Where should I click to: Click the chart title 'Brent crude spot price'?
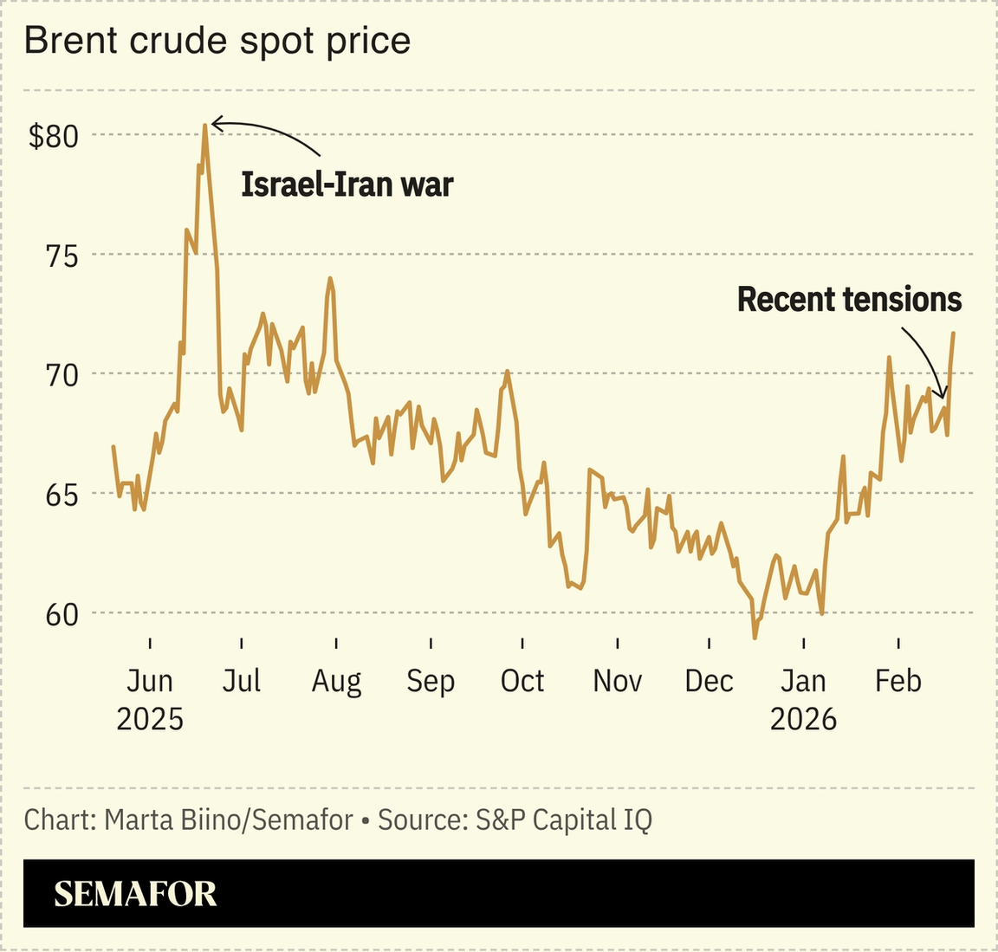pyautogui.click(x=217, y=41)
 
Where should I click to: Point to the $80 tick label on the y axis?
pyautogui.click(x=54, y=136)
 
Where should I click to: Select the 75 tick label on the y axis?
pyautogui.click(x=60, y=256)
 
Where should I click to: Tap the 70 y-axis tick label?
pyautogui.click(x=60, y=375)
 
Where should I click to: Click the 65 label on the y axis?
pyautogui.click(x=60, y=495)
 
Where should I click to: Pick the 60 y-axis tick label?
pyautogui.click(x=60, y=615)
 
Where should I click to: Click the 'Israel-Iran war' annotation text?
pyautogui.click(x=347, y=185)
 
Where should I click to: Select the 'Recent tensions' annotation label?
pyautogui.click(x=849, y=300)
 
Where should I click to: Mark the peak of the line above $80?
pyautogui.click(x=204, y=125)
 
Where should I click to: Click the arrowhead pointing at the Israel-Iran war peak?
pyautogui.click(x=216, y=124)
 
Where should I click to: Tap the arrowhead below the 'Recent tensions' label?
pyautogui.click(x=943, y=395)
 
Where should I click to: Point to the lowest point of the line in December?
pyautogui.click(x=755, y=638)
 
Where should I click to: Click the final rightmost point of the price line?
pyautogui.click(x=954, y=333)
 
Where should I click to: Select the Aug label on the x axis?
pyautogui.click(x=336, y=682)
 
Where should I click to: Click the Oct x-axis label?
pyautogui.click(x=522, y=682)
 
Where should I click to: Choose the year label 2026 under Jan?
pyautogui.click(x=803, y=719)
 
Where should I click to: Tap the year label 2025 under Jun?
pyautogui.click(x=150, y=719)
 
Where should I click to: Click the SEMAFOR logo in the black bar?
pyautogui.click(x=135, y=894)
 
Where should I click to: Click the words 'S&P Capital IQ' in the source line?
pyautogui.click(x=563, y=819)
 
